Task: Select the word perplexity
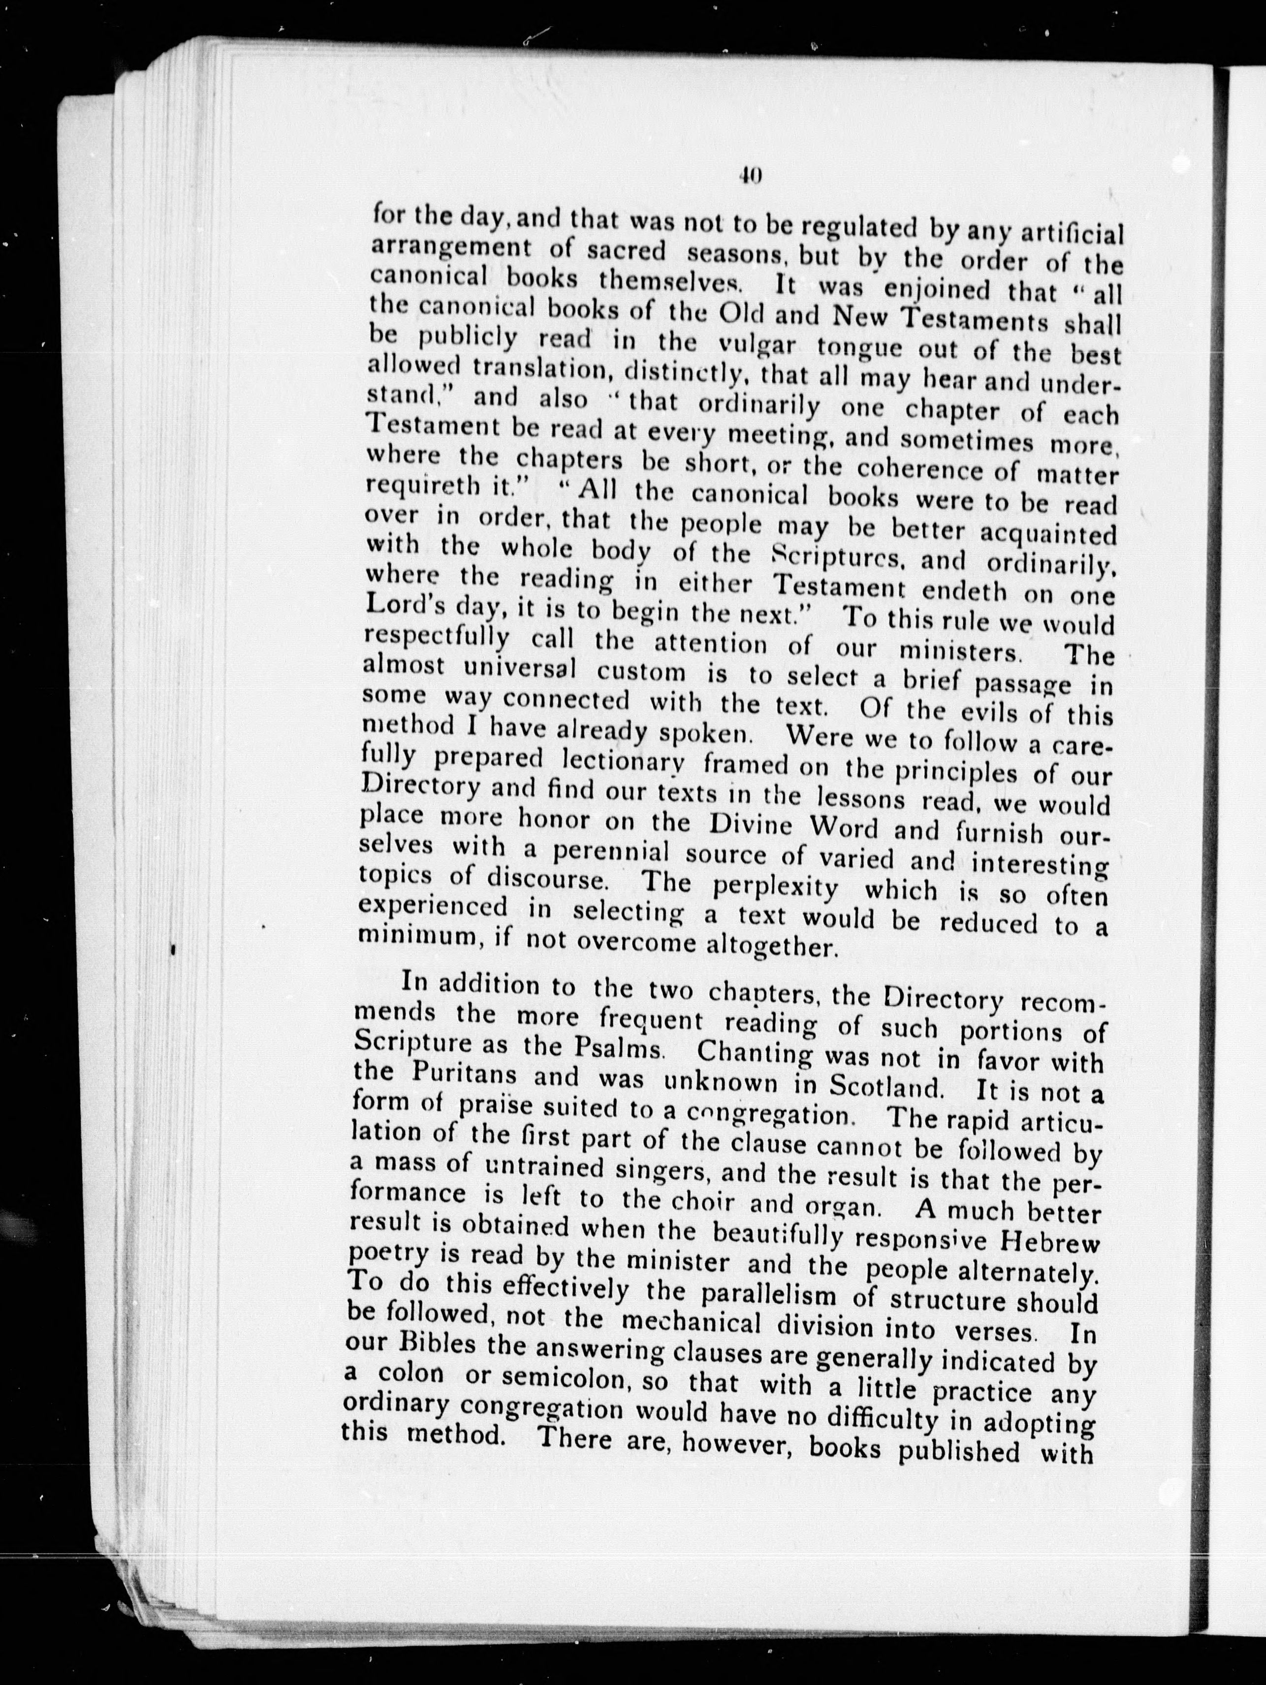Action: (776, 888)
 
